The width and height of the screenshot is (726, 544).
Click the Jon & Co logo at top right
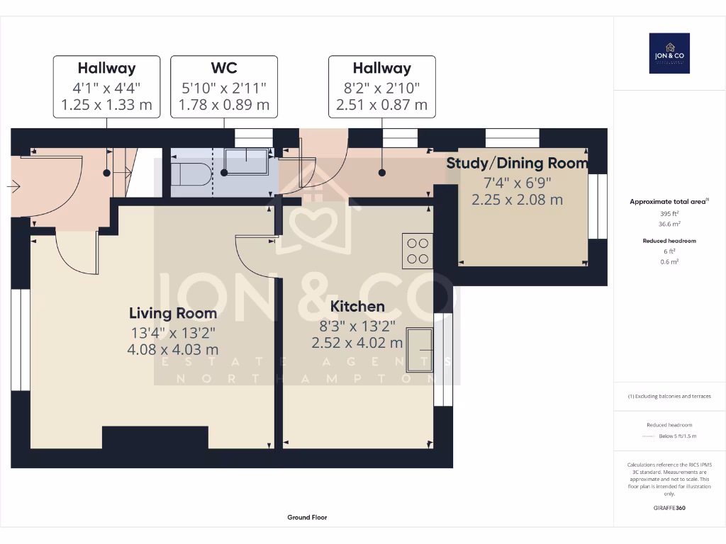click(669, 53)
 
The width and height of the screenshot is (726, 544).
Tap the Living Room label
click(173, 312)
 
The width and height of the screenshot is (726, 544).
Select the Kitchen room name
click(357, 306)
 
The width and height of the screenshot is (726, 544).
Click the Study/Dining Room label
click(517, 163)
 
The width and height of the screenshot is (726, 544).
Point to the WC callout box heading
click(223, 69)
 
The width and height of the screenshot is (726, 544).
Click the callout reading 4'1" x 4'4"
click(107, 88)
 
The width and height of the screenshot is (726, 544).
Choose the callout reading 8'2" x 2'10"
click(381, 88)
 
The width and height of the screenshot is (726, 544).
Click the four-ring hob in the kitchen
click(418, 251)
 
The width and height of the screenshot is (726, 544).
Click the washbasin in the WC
click(246, 161)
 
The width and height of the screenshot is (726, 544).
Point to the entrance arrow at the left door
click(13, 186)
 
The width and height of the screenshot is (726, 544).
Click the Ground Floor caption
click(307, 517)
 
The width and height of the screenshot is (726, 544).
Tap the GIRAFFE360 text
click(669, 507)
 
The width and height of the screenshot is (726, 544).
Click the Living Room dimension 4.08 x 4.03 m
click(173, 349)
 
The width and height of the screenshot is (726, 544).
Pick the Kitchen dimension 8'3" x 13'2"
click(357, 326)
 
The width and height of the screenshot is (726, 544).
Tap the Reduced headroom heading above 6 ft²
click(669, 241)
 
